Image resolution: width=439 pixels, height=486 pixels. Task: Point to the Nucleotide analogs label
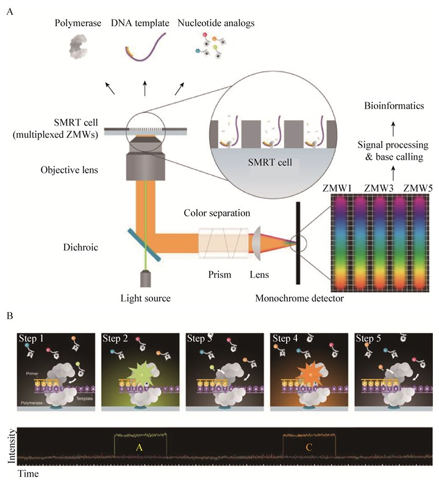pos(216,24)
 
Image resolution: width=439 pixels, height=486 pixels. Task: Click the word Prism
pos(219,274)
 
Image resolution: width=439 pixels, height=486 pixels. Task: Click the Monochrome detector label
pos(296,298)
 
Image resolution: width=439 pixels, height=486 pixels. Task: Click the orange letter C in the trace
pos(309,447)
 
